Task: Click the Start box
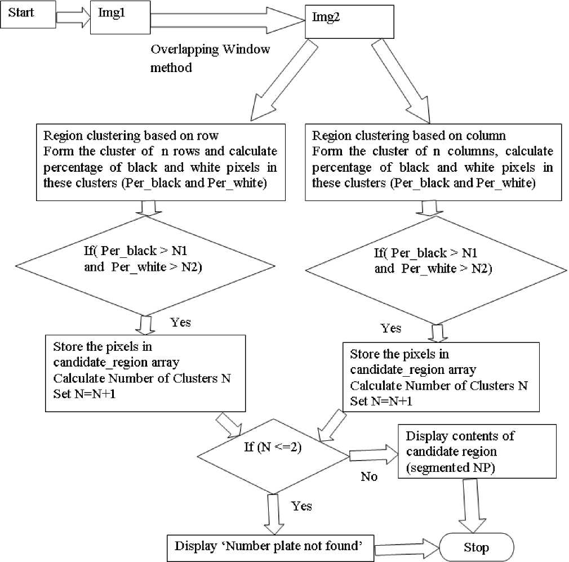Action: click(x=28, y=15)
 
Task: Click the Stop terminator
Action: click(x=477, y=546)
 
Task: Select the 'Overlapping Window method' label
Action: click(x=210, y=58)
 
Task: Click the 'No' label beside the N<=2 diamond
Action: click(x=369, y=476)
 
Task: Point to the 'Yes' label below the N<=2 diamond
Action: click(x=302, y=506)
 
